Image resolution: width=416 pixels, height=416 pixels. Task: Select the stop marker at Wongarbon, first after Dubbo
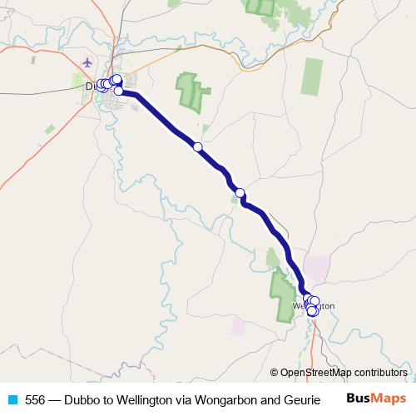[197, 146]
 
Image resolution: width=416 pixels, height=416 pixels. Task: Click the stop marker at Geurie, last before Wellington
[240, 193]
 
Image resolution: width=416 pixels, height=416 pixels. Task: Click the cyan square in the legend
[12, 399]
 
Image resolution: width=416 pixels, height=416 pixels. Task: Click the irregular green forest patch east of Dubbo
[189, 91]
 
